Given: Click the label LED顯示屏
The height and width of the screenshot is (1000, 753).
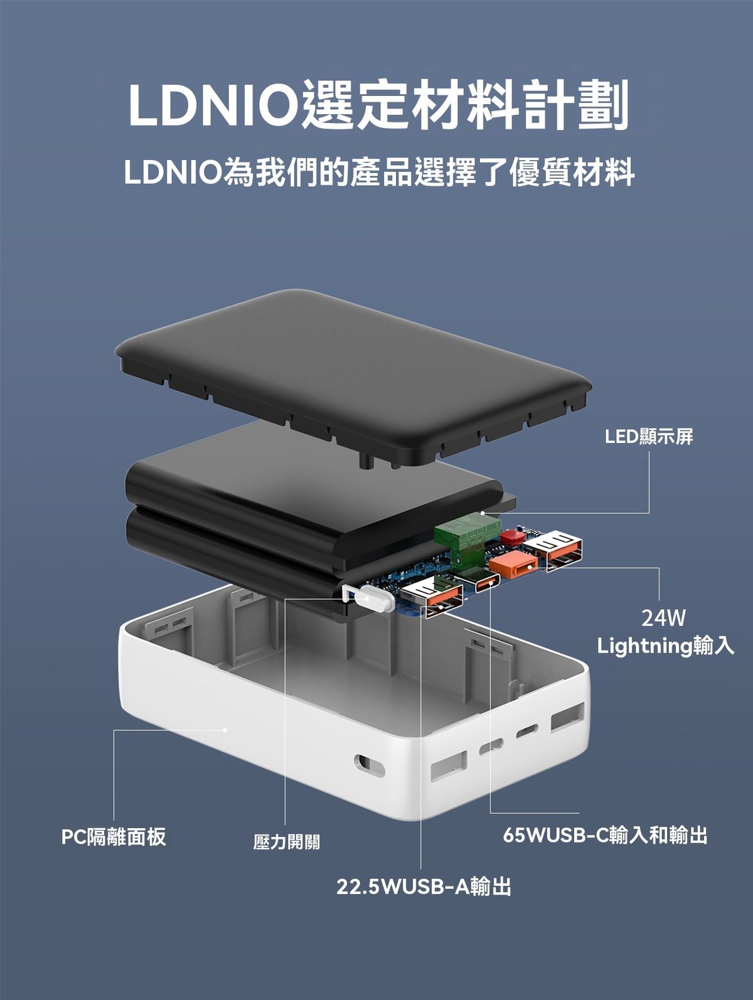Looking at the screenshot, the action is pos(649,437).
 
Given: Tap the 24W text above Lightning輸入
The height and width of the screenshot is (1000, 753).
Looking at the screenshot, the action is pos(663,619).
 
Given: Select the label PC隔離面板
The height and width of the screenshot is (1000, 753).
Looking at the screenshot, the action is pos(114,836).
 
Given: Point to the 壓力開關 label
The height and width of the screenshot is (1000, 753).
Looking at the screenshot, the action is pos(287,842).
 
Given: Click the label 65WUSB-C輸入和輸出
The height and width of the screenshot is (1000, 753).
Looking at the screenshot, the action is pos(605,835).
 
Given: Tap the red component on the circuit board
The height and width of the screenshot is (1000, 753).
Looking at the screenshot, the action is pos(511,537).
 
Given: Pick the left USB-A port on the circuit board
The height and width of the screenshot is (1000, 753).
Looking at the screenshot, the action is pos(432,599).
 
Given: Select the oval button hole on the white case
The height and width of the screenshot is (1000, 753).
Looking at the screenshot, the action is pos(369,766).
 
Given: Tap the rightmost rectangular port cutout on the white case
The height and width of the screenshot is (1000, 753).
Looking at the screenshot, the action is pos(567,717).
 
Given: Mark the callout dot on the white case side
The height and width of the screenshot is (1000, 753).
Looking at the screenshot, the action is pos(225,730).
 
